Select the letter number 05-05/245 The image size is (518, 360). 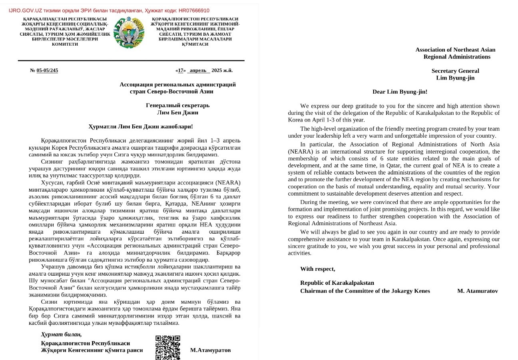point(47,70)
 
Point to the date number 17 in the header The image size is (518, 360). point(181,70)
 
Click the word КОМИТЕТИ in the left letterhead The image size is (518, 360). point(65,44)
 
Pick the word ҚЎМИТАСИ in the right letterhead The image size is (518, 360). point(195,44)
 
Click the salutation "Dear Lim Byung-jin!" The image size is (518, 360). point(400,92)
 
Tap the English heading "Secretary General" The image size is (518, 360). point(455,71)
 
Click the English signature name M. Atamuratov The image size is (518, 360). point(478,291)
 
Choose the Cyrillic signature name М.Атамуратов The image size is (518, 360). point(210,350)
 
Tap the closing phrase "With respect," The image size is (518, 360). point(318,269)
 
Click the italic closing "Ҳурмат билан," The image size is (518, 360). point(61,334)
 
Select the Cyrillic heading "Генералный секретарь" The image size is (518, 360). point(177,105)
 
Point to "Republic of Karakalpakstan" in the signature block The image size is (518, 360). point(337,283)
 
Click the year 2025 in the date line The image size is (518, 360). point(216,70)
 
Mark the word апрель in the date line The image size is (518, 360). point(198,70)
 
